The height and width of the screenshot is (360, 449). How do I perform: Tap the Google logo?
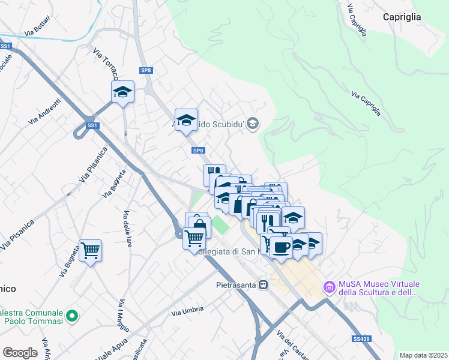[20, 353]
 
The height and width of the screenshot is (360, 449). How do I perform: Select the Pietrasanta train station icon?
[263, 285]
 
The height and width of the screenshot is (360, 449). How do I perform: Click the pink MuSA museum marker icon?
[329, 288]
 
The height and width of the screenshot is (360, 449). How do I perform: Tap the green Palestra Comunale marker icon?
[72, 315]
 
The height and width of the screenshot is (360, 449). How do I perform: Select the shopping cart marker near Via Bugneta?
[90, 250]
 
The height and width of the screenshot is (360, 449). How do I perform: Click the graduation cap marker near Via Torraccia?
[122, 92]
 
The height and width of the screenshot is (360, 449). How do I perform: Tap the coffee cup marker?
[280, 246]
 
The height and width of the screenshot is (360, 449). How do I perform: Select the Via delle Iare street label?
[128, 229]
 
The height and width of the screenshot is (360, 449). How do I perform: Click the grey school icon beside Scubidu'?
[253, 123]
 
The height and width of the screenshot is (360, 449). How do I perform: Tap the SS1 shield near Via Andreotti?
[92, 125]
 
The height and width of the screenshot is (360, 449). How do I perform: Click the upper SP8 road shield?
[146, 70]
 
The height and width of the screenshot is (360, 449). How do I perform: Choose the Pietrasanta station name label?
[236, 285]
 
